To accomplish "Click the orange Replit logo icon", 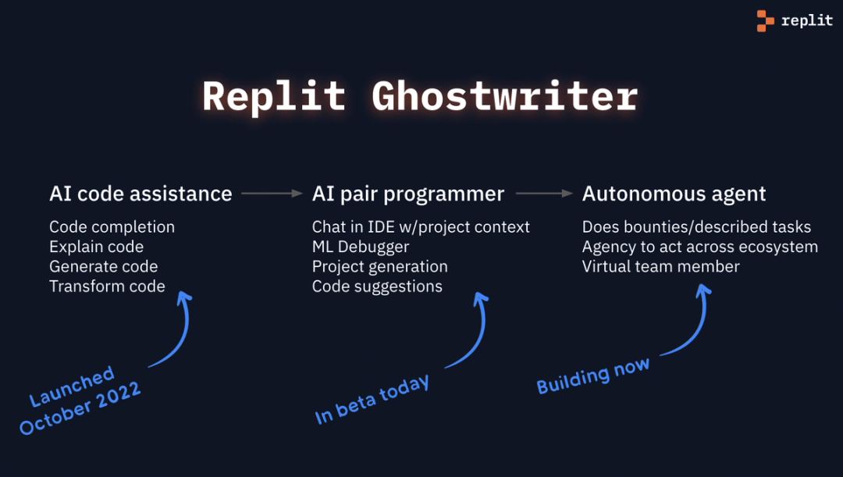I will point(765,21).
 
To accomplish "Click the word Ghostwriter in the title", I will point(504,97).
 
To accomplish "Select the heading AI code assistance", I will point(140,194).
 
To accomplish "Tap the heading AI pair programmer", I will point(408,194).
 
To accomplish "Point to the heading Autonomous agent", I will point(674,194).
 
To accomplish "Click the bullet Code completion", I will point(112,227).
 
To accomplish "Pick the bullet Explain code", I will point(96,247).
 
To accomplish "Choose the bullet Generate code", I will point(103,266).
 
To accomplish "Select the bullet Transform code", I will point(107,286).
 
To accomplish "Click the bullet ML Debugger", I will point(361,247).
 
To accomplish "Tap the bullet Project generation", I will point(379,266).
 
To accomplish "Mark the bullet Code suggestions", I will point(377,286).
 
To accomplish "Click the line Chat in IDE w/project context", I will point(421,227).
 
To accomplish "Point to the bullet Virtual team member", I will point(660,266).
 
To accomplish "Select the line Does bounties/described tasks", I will point(696,227).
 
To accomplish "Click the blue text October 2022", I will point(80,409).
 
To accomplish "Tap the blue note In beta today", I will point(372,400).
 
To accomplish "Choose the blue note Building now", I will point(592,376).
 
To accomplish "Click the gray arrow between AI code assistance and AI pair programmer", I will point(271,193).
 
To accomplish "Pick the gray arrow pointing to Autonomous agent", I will point(544,193).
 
